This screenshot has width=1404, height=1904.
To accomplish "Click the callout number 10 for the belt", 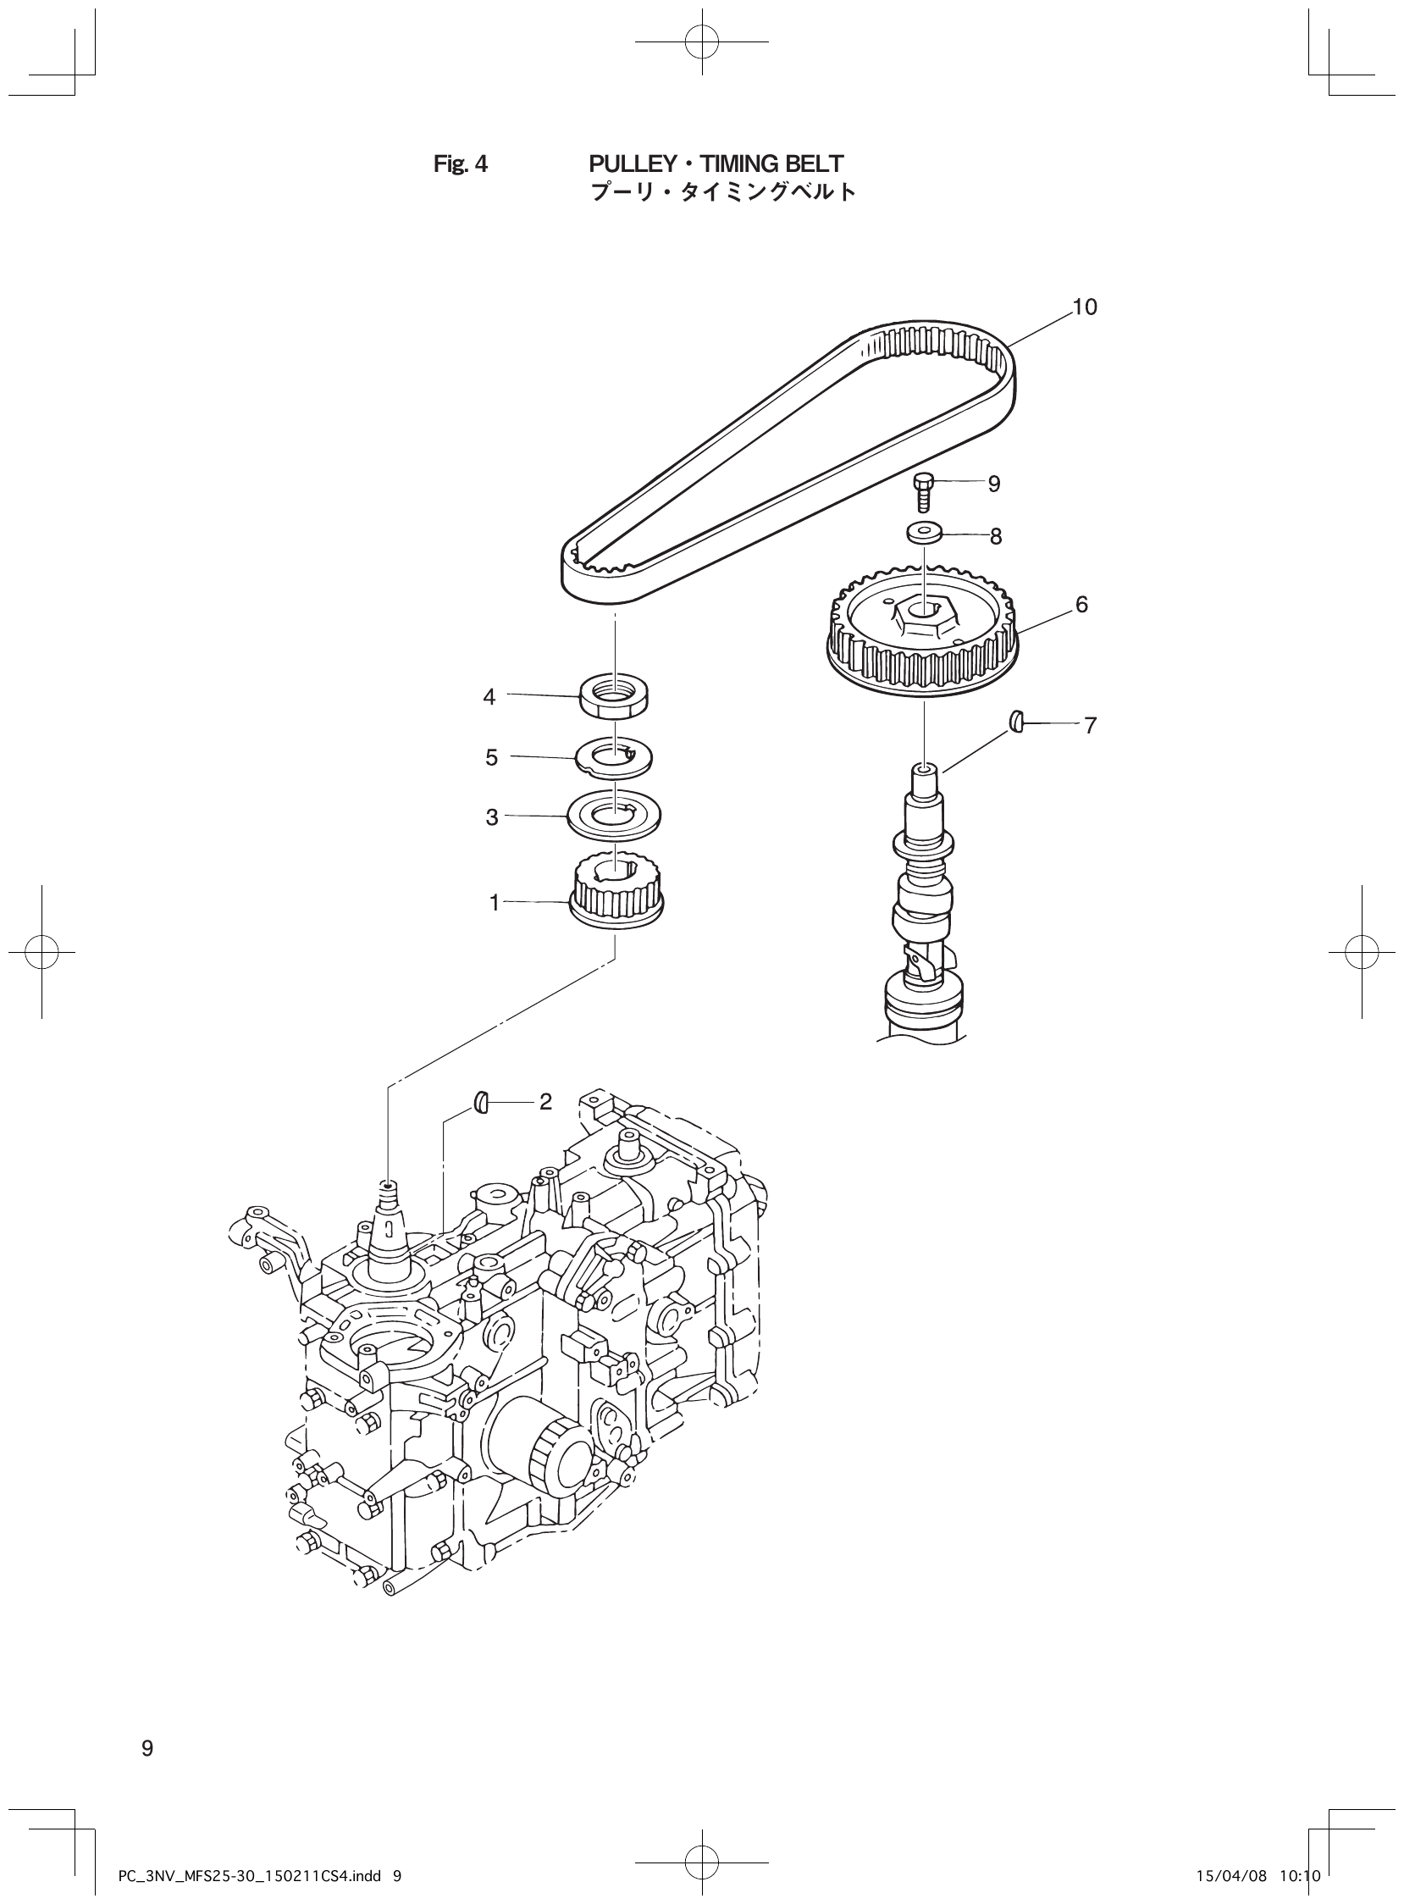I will (1085, 307).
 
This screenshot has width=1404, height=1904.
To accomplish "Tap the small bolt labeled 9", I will (924, 491).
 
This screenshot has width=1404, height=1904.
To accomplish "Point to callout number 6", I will (1081, 605).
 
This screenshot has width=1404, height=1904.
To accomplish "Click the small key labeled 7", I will (1016, 722).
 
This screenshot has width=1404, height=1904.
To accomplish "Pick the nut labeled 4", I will (613, 695).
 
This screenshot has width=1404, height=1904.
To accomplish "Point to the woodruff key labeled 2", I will (479, 1103).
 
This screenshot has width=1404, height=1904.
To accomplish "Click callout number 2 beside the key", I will (545, 1102).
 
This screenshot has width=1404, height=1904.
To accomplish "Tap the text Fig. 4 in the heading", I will (461, 163).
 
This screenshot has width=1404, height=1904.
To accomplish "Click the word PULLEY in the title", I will (627, 163).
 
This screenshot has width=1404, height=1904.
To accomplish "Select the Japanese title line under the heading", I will (722, 192).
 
